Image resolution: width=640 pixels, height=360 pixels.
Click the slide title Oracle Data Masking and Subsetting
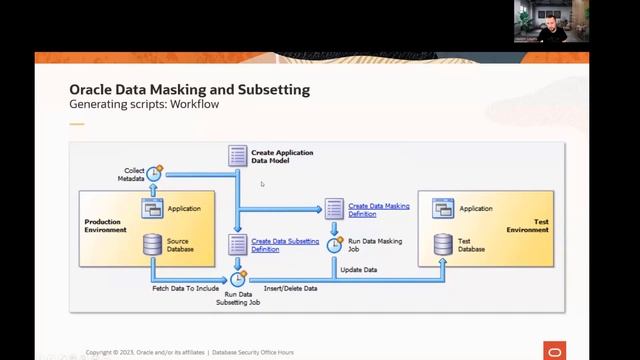(189, 90)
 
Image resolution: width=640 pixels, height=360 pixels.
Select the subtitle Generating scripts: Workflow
(143, 104)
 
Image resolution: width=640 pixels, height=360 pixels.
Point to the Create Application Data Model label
(282, 157)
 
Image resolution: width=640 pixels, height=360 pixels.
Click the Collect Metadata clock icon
(154, 173)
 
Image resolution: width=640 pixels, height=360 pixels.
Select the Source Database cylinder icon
(152, 243)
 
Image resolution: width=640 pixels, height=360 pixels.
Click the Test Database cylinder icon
(443, 243)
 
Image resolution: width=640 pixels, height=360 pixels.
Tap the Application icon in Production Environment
(152, 209)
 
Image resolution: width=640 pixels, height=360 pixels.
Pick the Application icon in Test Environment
(443, 209)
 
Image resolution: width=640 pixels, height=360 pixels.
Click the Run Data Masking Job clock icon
(336, 244)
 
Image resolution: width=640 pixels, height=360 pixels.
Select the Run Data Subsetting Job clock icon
(238, 278)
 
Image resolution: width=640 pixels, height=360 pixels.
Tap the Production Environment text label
(106, 225)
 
